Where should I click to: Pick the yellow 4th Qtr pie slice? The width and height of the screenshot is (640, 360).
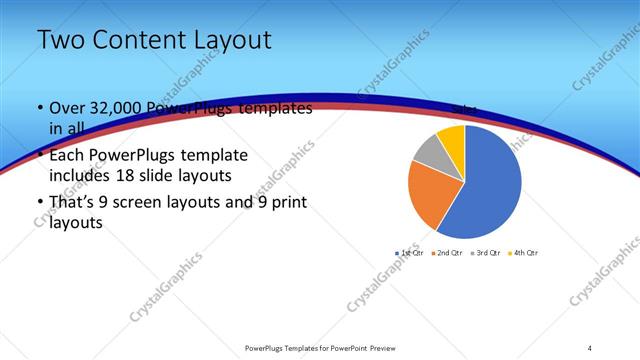click(452, 137)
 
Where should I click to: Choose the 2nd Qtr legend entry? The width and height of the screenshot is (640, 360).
click(445, 252)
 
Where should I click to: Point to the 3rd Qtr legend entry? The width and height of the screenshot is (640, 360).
click(485, 252)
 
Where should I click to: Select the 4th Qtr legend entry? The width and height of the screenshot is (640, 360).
click(523, 252)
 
